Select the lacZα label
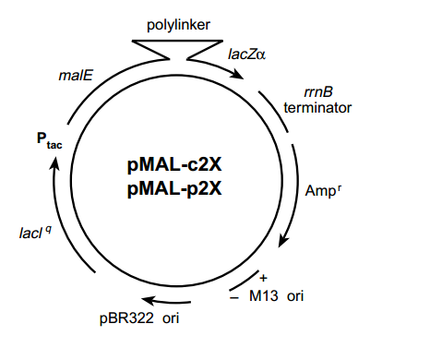(246, 55)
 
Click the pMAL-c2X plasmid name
(175, 167)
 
